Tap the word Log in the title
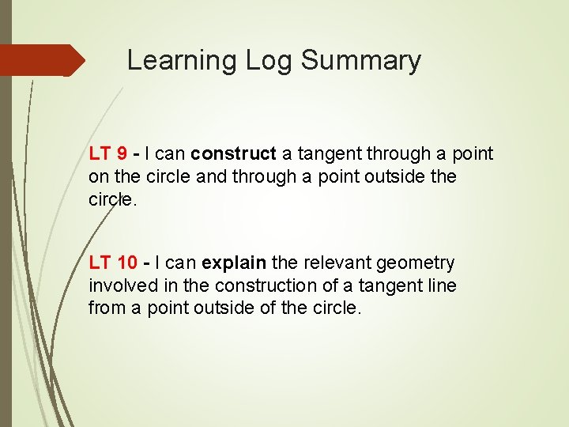(258, 61)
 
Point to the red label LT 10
(112, 263)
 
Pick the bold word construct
(234, 153)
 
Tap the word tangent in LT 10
(386, 285)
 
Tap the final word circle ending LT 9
(111, 198)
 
